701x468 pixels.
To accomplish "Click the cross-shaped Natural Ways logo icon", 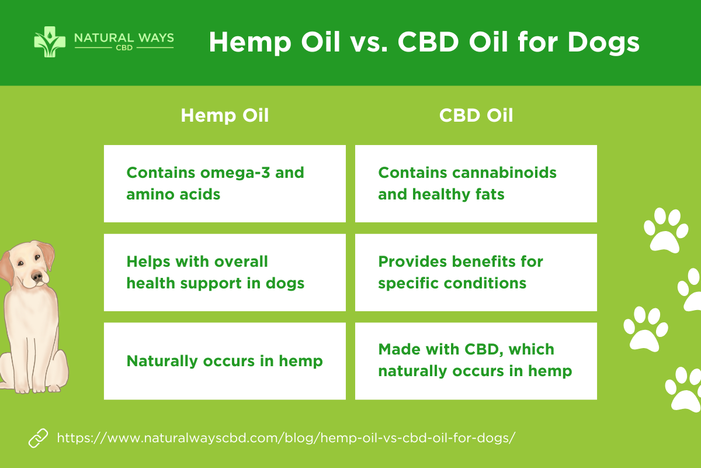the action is click(x=50, y=42).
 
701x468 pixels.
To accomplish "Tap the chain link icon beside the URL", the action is click(x=38, y=438).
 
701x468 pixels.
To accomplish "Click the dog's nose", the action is click(x=37, y=277).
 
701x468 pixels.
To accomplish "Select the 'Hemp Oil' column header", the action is click(x=225, y=115).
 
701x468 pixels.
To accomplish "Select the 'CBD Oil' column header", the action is click(x=476, y=115).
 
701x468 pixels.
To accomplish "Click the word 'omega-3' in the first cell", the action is click(x=235, y=173).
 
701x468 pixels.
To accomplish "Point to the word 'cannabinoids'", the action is click(x=504, y=173).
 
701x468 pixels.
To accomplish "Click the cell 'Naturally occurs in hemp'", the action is click(x=225, y=361).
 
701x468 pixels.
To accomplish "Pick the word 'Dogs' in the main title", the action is click(x=603, y=42).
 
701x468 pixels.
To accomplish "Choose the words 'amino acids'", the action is click(x=173, y=194).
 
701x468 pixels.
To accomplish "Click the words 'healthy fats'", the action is click(x=458, y=194).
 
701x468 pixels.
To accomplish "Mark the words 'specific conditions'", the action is click(x=452, y=284).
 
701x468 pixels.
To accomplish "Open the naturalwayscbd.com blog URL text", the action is click(x=286, y=438).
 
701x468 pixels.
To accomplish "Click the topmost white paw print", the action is click(x=665, y=230).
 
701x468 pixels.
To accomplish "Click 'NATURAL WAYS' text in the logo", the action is click(x=124, y=38).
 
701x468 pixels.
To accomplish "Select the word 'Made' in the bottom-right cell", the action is click(x=397, y=349).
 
